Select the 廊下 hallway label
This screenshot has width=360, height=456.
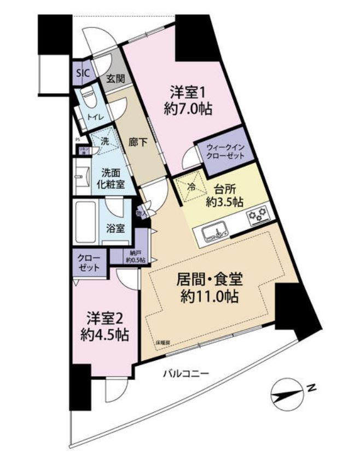137,143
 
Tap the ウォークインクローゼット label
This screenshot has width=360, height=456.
222,151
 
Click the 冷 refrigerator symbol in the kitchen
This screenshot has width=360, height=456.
191,187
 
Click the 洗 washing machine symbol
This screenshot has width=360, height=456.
103,140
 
